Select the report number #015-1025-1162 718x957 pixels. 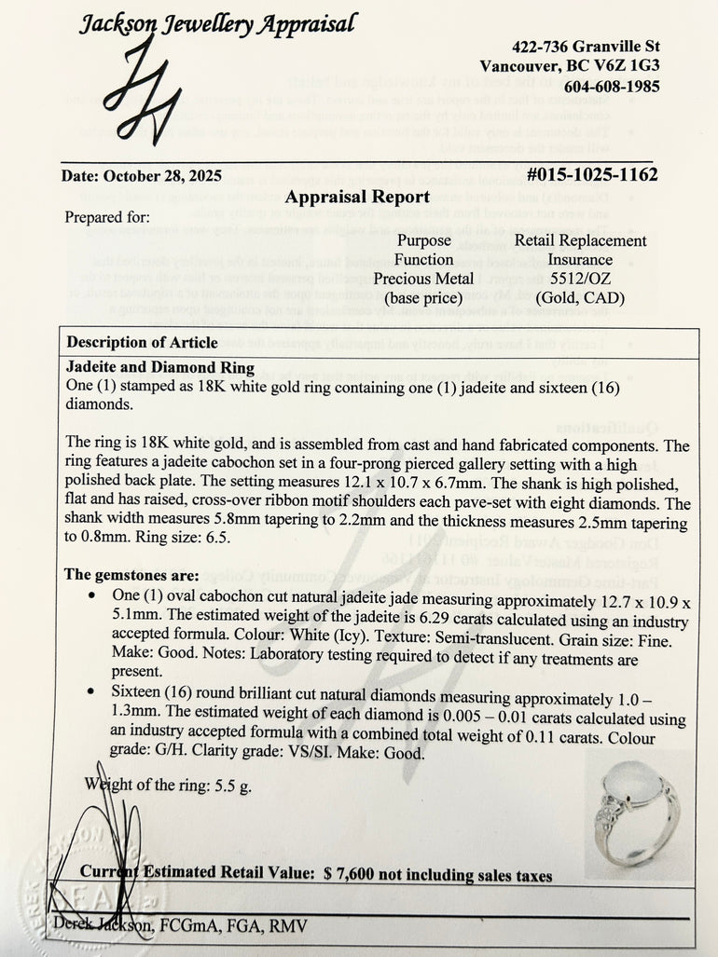(x=591, y=174)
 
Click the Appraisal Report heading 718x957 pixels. (x=357, y=197)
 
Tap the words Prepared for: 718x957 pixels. (x=107, y=218)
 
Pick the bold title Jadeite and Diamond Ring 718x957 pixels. (x=161, y=368)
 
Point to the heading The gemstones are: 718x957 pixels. (x=131, y=575)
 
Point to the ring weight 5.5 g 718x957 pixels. (x=218, y=785)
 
